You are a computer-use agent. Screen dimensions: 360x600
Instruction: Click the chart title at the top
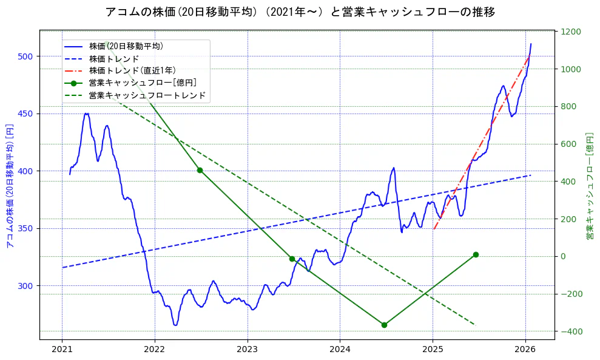[300, 12]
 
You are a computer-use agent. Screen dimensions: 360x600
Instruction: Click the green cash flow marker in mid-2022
[200, 170]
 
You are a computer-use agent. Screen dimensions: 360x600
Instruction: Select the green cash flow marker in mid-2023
[292, 259]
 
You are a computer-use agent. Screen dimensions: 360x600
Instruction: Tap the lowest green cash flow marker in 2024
[384, 325]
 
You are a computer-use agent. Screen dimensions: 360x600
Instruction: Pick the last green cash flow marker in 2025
[476, 254]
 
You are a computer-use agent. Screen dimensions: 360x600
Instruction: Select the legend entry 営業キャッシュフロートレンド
[147, 95]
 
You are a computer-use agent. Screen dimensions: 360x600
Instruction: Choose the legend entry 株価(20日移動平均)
[126, 46]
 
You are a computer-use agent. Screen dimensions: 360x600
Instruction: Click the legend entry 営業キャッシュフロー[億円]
[143, 83]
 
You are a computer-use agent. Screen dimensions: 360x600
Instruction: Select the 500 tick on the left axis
[29, 56]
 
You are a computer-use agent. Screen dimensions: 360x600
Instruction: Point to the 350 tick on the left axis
[29, 228]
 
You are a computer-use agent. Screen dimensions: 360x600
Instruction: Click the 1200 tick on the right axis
[571, 32]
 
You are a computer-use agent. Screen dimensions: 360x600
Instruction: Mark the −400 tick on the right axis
[571, 331]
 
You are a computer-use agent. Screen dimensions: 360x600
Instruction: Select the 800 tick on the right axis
[568, 107]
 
